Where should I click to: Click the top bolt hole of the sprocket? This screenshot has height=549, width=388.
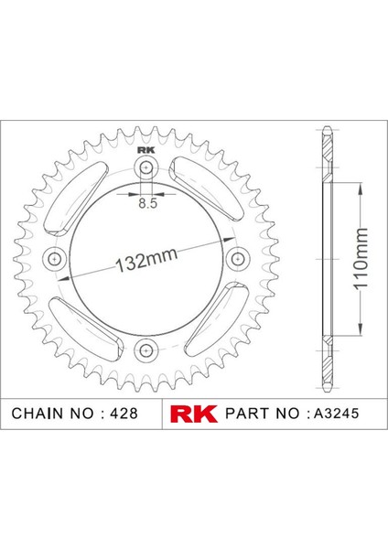tap(146, 167)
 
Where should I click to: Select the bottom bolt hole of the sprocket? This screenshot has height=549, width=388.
tap(146, 350)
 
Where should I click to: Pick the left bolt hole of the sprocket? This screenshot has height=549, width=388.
tap(56, 259)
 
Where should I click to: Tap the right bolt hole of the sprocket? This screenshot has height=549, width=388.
tap(238, 259)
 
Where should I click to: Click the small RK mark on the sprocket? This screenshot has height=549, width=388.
tap(146, 152)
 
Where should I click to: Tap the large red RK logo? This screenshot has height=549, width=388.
tap(193, 413)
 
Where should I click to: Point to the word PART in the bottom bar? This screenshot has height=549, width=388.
tap(250, 414)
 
